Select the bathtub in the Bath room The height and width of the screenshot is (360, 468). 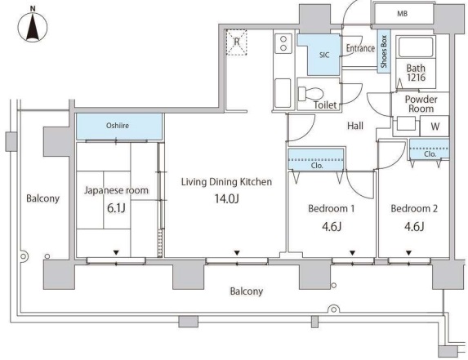416,47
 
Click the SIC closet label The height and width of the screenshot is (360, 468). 324,55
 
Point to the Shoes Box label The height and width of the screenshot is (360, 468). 384,51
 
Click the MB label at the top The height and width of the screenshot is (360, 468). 402,13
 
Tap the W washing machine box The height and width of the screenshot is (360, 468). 435,127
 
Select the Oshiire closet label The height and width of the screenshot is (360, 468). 118,126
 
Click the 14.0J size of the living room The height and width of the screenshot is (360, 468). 227,198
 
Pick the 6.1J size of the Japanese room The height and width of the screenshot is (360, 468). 116,208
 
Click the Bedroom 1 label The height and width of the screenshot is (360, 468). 332,208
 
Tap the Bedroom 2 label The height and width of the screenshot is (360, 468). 414,208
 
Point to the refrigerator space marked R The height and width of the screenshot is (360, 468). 236,42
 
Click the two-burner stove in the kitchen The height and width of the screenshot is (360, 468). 283,43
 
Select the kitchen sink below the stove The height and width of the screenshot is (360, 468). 283,93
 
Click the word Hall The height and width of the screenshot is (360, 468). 355,126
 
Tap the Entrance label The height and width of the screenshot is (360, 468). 360,48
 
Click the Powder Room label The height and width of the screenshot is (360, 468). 421,104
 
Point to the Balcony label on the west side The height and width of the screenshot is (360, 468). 43,198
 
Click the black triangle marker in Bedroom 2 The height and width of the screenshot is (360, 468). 409,253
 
